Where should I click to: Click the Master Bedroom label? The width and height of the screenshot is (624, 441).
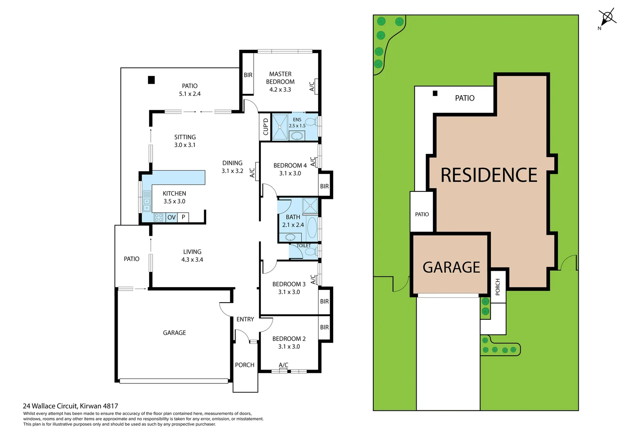click(280, 78)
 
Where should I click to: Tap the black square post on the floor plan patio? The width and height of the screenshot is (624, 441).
click(151, 80)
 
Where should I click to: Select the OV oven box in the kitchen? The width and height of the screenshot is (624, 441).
click(172, 217)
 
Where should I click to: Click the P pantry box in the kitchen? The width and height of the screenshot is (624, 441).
click(183, 217)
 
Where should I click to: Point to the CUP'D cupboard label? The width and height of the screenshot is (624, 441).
click(265, 127)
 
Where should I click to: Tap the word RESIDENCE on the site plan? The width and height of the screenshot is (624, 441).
click(489, 175)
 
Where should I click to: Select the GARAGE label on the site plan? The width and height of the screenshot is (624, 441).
click(451, 267)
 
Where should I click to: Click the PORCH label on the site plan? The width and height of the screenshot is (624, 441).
click(497, 287)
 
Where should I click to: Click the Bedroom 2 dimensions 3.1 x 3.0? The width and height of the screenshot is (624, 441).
click(289, 347)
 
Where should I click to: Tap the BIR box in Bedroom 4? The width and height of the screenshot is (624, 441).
click(324, 186)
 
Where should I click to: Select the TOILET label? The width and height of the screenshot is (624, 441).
click(303, 245)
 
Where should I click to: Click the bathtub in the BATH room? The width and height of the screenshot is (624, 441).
click(312, 228)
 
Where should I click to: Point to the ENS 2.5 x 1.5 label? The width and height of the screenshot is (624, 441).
click(297, 122)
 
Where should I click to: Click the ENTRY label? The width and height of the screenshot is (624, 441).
click(245, 319)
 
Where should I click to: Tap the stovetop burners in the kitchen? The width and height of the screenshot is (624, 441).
click(158, 217)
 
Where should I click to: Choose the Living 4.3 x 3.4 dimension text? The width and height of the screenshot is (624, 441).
click(192, 260)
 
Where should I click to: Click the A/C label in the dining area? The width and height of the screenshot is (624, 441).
click(252, 173)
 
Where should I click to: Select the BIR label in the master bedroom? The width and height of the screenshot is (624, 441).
click(248, 75)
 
